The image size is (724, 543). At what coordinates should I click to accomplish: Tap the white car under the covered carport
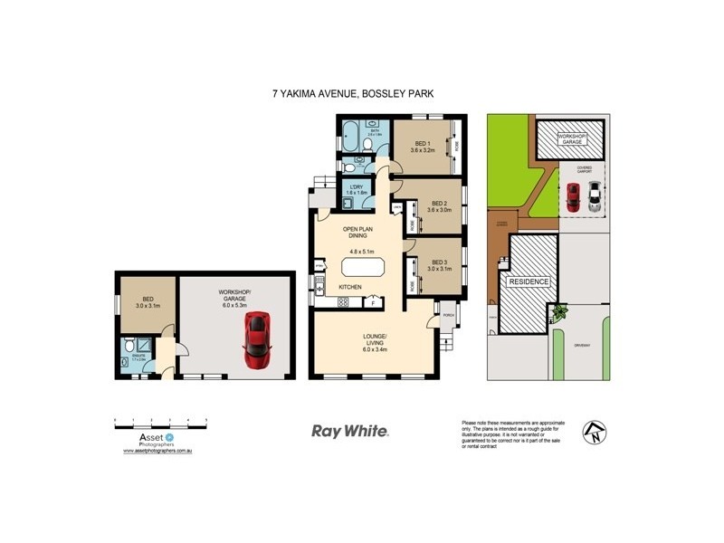click(x=593, y=197)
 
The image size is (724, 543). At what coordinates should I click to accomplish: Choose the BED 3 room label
click(x=439, y=262)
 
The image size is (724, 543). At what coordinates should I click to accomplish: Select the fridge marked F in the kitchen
click(x=373, y=303)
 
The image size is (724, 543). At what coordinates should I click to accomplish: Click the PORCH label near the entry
click(x=447, y=315)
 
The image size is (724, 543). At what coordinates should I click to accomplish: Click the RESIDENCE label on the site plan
click(x=529, y=281)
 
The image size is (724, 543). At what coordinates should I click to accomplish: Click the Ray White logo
click(x=349, y=432)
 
